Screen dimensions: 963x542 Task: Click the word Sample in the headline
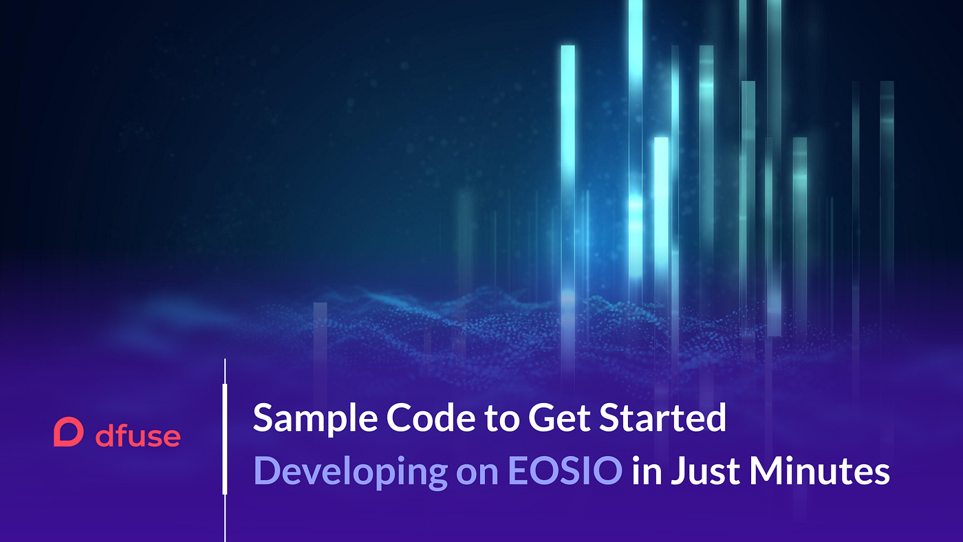[315, 418]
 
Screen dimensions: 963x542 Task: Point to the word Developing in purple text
[350, 472]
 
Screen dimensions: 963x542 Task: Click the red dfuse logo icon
[68, 431]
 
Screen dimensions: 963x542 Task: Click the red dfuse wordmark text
[138, 435]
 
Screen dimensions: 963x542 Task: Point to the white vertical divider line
[225, 450]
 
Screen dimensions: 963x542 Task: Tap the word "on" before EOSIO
[477, 474]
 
